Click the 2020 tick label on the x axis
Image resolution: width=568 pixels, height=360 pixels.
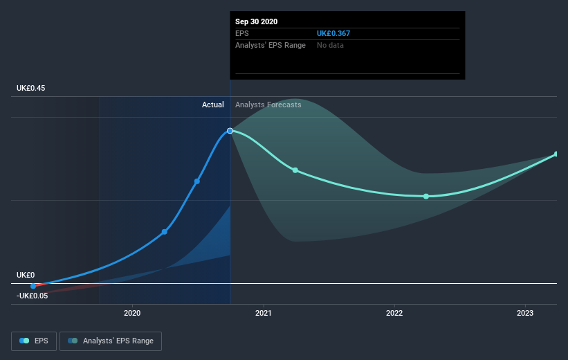click(131, 313)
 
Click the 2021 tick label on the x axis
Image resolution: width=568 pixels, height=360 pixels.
click(263, 313)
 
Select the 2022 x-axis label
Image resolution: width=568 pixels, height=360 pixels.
click(394, 313)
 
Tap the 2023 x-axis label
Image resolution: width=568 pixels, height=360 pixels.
click(525, 313)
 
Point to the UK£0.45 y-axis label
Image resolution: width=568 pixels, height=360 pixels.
click(33, 88)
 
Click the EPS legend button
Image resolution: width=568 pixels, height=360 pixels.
click(34, 341)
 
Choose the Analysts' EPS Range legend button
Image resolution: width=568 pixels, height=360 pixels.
click(111, 341)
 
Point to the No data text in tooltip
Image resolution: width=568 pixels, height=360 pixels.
click(330, 45)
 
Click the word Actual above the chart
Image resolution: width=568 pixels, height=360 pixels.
click(213, 105)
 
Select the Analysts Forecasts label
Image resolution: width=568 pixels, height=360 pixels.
click(268, 105)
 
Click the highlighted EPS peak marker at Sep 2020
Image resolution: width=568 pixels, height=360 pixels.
click(230, 130)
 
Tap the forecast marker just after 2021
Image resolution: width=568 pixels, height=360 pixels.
click(295, 170)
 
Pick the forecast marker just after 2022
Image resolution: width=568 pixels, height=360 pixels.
click(426, 197)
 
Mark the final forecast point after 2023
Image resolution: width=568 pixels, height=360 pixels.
click(557, 154)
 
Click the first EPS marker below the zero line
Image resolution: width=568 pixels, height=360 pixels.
click(33, 286)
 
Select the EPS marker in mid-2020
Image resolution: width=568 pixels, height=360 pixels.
click(197, 181)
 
